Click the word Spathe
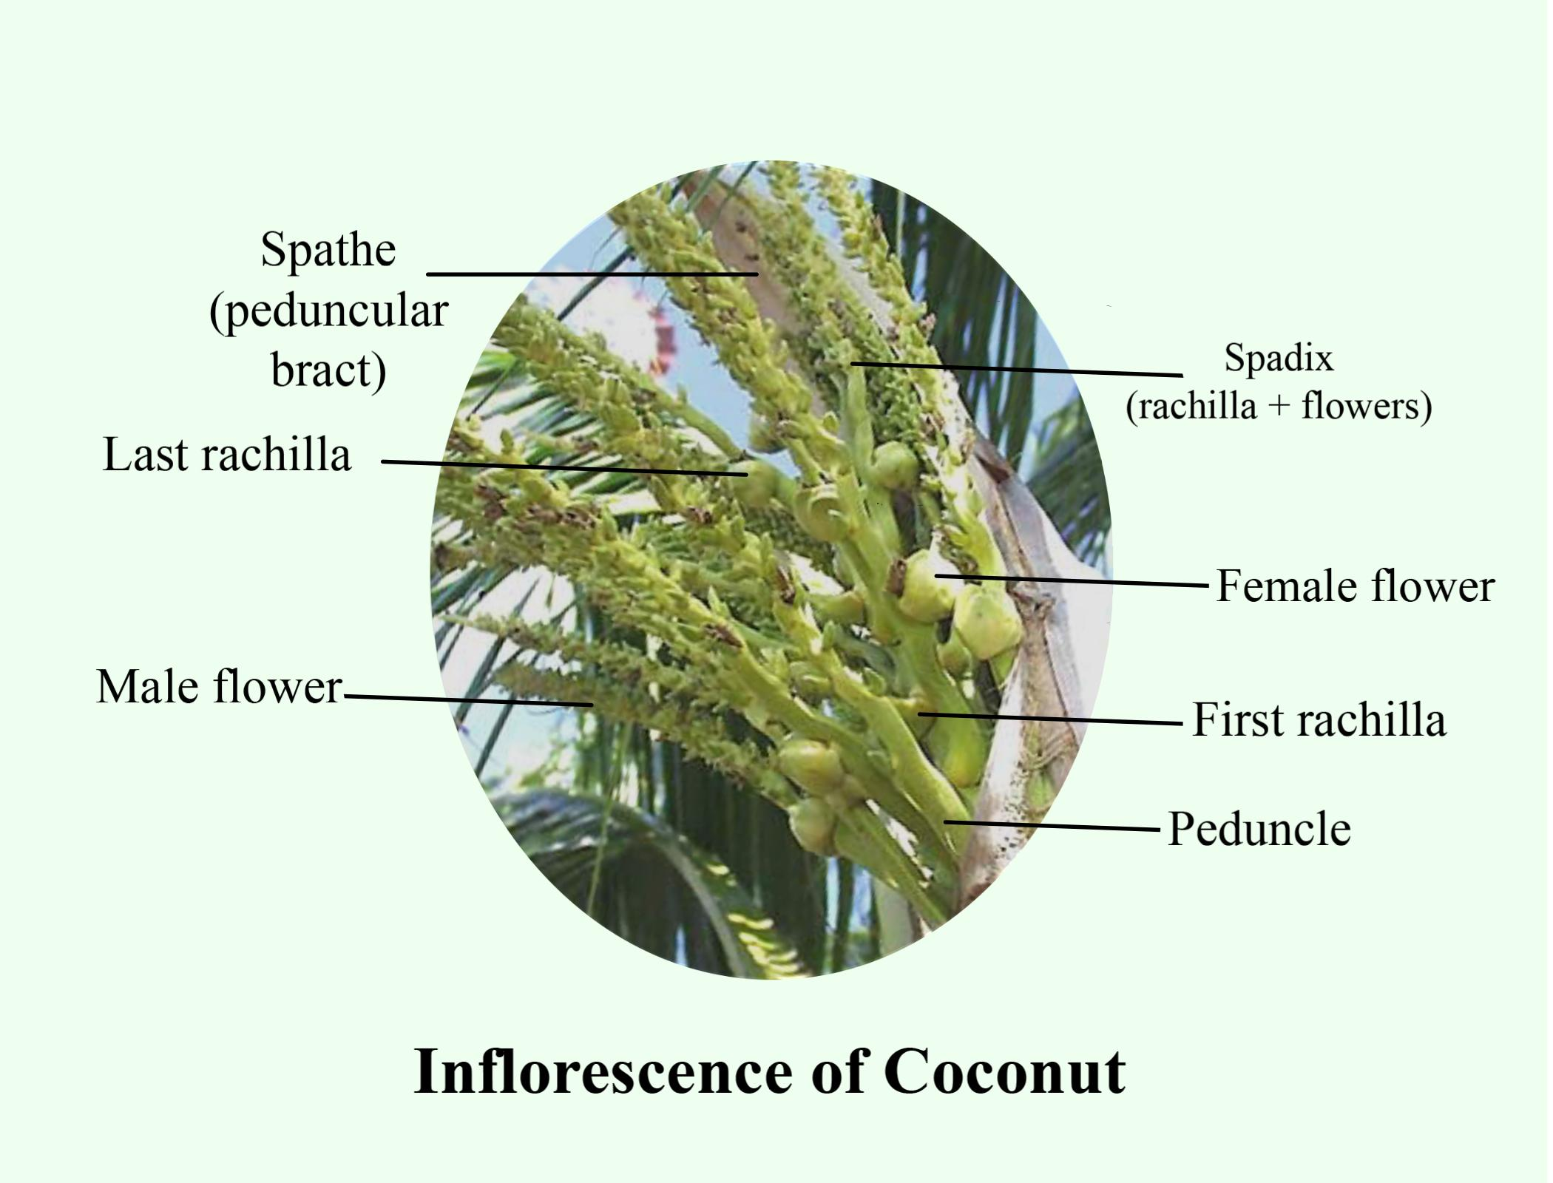click(x=328, y=250)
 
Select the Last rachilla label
click(x=227, y=454)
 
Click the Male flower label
click(x=220, y=687)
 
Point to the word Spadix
click(x=1279, y=359)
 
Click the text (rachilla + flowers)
click(x=1279, y=406)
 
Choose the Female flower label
click(x=1356, y=586)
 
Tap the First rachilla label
click(x=1319, y=719)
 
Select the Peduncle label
click(x=1259, y=829)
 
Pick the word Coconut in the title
click(x=1004, y=1071)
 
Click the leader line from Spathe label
click(x=592, y=274)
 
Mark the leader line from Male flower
click(x=469, y=700)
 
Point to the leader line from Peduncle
click(x=1052, y=825)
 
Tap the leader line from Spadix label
click(x=1017, y=369)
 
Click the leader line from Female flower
click(x=1072, y=580)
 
